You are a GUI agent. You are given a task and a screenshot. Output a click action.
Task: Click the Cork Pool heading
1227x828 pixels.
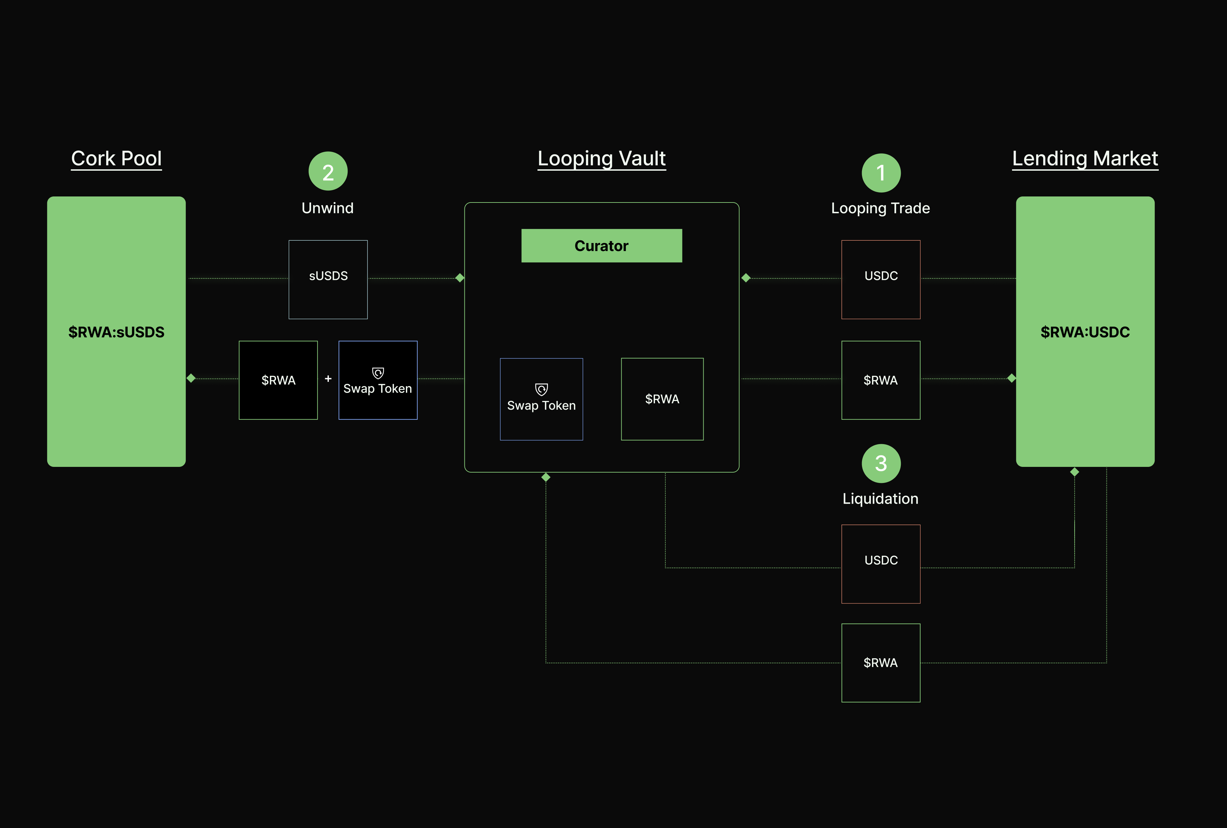point(116,158)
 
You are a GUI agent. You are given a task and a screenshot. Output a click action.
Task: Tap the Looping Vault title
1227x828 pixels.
point(601,158)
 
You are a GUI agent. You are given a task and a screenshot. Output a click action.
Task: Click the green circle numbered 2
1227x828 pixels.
point(328,171)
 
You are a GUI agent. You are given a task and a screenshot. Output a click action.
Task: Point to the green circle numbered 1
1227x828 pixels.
point(881,173)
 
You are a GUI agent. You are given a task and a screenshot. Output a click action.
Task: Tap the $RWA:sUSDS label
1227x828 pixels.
point(116,332)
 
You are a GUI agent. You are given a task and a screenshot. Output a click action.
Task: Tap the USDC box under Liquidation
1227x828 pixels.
point(881,564)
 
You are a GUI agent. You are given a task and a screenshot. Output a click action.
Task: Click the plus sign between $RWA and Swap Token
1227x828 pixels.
point(328,379)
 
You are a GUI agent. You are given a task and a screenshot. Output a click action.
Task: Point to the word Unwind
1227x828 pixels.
point(327,208)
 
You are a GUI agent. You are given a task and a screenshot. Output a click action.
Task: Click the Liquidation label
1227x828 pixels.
point(880,499)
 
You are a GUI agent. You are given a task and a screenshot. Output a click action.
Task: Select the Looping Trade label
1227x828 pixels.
point(880,208)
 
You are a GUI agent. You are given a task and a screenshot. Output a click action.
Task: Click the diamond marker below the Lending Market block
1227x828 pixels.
point(1074,472)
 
